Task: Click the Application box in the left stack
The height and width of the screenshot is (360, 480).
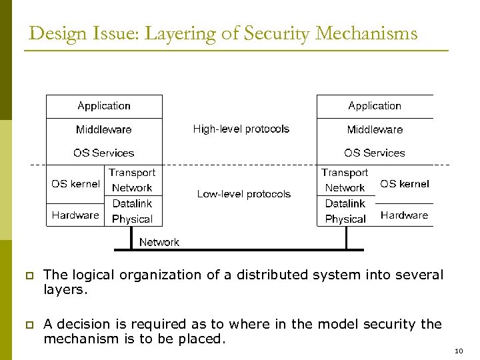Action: pyautogui.click(x=104, y=106)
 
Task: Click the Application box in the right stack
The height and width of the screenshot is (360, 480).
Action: pyautogui.click(x=375, y=106)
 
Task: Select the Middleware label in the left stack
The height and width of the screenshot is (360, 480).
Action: pyautogui.click(x=104, y=129)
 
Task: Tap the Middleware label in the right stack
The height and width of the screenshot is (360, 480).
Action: pyautogui.click(x=375, y=129)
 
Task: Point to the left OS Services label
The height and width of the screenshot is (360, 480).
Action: pyautogui.click(x=104, y=153)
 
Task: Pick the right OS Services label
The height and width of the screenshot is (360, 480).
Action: pyautogui.click(x=375, y=153)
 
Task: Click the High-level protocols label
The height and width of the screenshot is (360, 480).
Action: pyautogui.click(x=241, y=129)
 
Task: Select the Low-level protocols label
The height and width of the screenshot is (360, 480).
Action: pyautogui.click(x=244, y=194)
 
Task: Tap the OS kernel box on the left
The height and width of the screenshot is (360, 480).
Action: pyautogui.click(x=75, y=184)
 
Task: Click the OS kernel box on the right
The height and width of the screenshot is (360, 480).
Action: pyautogui.click(x=405, y=184)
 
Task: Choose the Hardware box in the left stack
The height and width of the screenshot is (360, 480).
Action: pyautogui.click(x=75, y=215)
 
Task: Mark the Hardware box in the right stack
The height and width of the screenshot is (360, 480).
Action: pyautogui.click(x=405, y=215)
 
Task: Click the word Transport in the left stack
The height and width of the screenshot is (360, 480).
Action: pyautogui.click(x=132, y=173)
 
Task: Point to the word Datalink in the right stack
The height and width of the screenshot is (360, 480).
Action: pyautogui.click(x=345, y=203)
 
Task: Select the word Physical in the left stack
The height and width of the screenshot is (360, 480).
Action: pyautogui.click(x=132, y=219)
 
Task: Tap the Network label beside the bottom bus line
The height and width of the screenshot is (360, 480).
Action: pyautogui.click(x=159, y=242)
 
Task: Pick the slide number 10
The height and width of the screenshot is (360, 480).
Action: pyautogui.click(x=458, y=351)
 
